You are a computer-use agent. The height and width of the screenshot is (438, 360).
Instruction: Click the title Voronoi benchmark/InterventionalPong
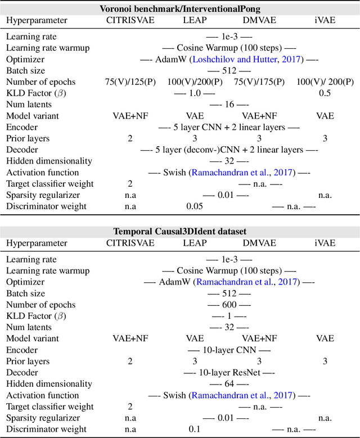(x=180, y=9)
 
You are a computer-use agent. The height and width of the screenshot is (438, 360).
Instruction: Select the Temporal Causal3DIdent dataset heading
(x=180, y=231)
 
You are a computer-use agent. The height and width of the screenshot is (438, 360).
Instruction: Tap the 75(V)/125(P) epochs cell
(x=130, y=82)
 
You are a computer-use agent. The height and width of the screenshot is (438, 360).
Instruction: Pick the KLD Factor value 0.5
(x=325, y=93)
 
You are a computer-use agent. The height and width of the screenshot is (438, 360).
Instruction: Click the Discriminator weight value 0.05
(x=195, y=206)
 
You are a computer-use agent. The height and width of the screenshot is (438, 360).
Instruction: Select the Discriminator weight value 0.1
(x=195, y=429)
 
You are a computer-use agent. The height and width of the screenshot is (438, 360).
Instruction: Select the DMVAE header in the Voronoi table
(x=259, y=21)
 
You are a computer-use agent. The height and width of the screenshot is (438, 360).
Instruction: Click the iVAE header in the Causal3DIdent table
(x=325, y=243)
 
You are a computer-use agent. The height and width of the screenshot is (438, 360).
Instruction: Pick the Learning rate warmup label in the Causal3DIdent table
(x=48, y=270)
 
